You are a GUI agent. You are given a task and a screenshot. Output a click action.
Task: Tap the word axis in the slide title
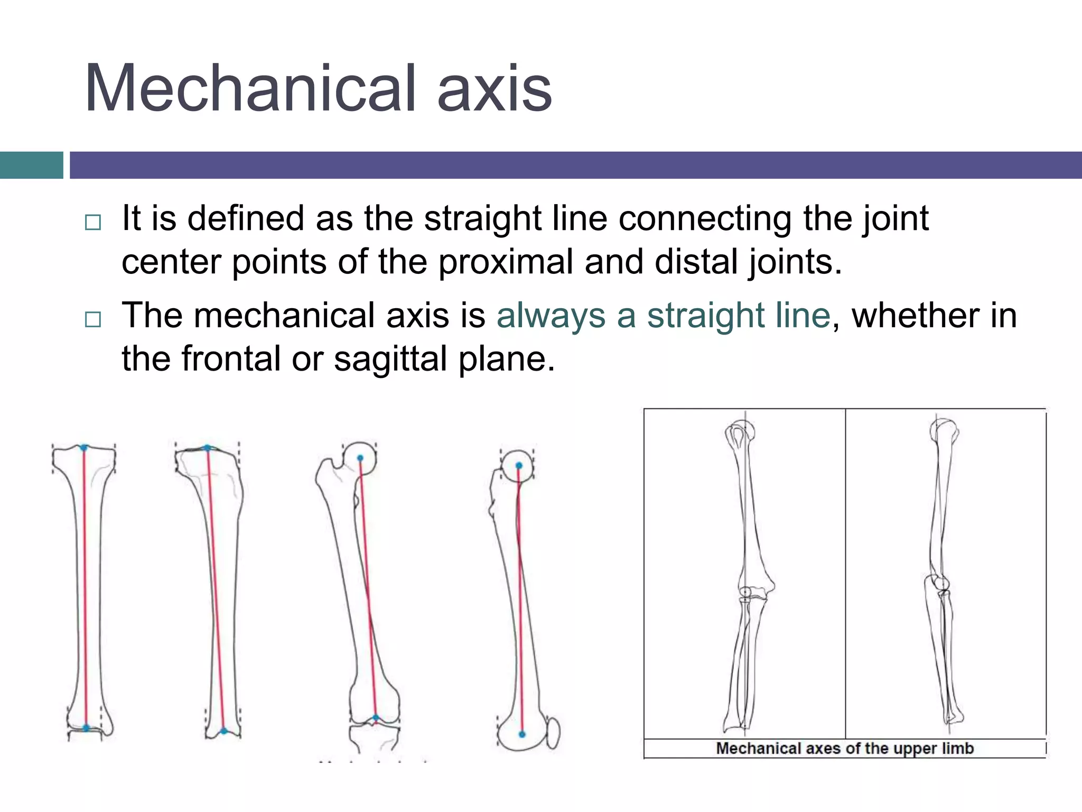pos(495,88)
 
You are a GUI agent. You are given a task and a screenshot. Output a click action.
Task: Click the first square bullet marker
pos(92,222)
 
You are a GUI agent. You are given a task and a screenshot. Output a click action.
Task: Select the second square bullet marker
pos(92,319)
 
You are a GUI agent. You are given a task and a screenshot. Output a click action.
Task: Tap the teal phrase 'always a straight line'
pos(664,316)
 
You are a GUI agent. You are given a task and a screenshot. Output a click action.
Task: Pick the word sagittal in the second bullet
pos(390,359)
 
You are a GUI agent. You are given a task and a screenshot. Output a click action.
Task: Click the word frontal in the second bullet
pos(231,359)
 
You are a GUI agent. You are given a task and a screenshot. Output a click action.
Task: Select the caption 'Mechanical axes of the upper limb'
pos(844,749)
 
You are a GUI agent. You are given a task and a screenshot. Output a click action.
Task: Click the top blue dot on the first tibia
pos(83,448)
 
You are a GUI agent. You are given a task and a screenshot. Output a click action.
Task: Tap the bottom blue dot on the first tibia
pos(86,728)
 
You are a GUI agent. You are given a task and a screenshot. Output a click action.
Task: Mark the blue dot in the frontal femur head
pos(360,458)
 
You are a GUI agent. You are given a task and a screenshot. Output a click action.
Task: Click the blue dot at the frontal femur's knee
pos(376,718)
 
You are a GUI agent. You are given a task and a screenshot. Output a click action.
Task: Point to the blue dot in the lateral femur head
pos(519,466)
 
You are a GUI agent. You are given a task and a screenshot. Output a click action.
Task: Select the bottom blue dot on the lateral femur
pos(522,734)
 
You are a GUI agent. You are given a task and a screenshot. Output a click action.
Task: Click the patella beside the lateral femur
pos(553,732)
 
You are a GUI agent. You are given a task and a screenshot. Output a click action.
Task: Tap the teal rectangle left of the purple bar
pos(32,165)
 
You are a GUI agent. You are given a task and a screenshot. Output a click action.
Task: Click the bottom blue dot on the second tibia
pos(223,731)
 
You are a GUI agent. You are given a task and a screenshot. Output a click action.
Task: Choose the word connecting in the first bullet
pos(705,218)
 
